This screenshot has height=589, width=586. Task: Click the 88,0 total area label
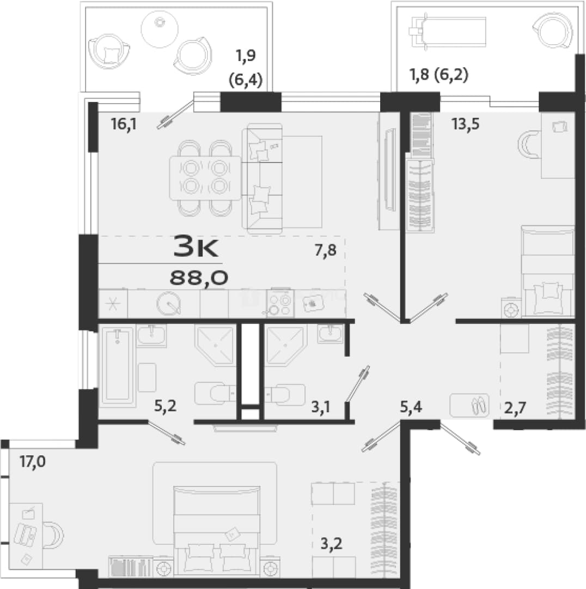(x=199, y=278)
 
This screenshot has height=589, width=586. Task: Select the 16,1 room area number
(x=124, y=124)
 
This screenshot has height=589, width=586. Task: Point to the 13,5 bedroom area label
(x=466, y=124)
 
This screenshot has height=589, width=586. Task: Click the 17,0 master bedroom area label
(x=33, y=461)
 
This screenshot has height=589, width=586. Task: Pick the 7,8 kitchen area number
(x=326, y=250)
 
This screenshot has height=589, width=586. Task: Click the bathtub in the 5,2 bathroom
(x=118, y=366)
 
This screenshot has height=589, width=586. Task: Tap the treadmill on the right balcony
(x=448, y=32)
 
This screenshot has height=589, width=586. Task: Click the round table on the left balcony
(x=160, y=29)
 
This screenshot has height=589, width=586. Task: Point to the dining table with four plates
(x=205, y=178)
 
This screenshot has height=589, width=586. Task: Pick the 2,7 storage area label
(x=515, y=407)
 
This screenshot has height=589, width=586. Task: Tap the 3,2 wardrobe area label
(x=331, y=543)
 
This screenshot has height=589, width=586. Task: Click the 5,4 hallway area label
(x=411, y=407)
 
